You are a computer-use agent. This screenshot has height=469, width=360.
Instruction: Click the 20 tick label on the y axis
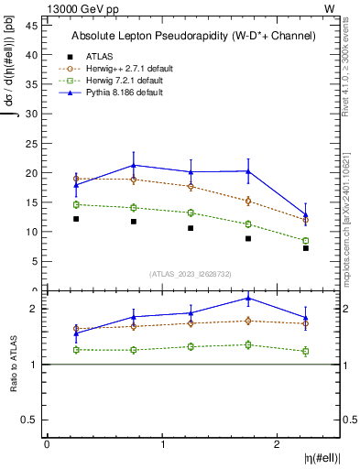(32, 173)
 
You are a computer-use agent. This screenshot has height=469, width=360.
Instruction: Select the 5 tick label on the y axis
(35, 261)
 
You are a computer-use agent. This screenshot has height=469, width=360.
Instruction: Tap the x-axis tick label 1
(163, 444)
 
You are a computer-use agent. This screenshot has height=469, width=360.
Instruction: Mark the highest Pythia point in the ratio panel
(248, 298)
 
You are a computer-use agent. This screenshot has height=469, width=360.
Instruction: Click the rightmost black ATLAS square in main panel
(306, 248)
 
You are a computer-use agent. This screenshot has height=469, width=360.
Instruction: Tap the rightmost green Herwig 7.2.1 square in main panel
(306, 241)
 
